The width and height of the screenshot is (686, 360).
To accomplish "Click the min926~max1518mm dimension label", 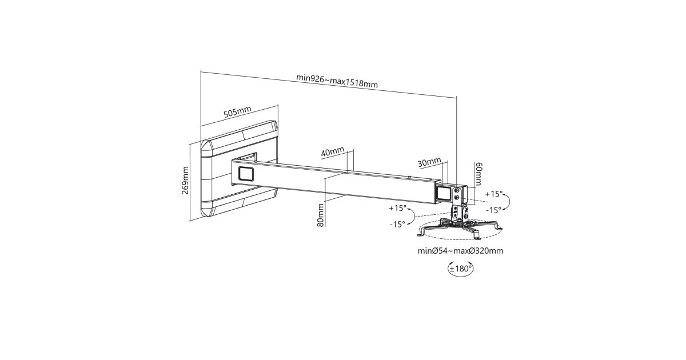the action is click(x=337, y=81).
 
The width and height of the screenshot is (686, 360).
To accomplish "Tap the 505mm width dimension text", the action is click(x=237, y=112).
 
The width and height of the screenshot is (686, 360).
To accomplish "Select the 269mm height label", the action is click(x=185, y=181).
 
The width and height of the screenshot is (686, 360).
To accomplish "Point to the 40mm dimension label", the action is click(x=333, y=152).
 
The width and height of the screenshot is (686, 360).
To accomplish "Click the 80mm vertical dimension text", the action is click(x=321, y=215).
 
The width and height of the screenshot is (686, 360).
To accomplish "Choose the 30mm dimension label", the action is click(x=429, y=162).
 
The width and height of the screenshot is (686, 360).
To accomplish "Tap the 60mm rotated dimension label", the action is click(x=478, y=174).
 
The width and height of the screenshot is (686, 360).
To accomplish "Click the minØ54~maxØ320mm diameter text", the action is click(x=461, y=251).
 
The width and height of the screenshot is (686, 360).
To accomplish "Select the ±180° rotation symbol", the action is click(x=460, y=269).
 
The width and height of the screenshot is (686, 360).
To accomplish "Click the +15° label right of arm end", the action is click(x=494, y=194).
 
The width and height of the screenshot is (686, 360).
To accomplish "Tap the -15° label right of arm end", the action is click(x=494, y=210).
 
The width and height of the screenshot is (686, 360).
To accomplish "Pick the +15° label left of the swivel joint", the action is click(x=397, y=208).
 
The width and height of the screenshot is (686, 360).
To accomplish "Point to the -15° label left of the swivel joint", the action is click(x=397, y=225).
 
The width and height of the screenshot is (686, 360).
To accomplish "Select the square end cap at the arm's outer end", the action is click(x=444, y=194).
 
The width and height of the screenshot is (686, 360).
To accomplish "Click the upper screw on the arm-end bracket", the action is click(x=457, y=190).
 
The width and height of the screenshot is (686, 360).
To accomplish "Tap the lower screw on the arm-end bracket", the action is click(x=457, y=198).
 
